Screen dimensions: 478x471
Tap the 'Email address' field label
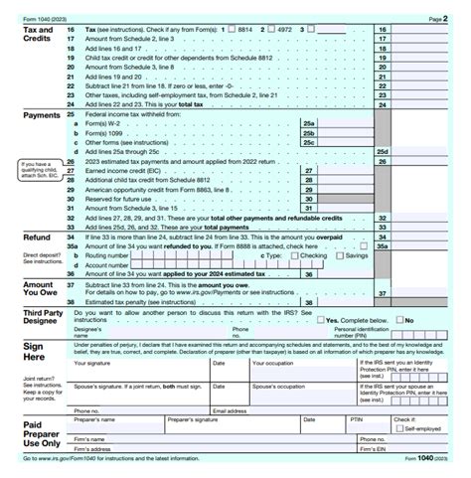coord(231,409)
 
